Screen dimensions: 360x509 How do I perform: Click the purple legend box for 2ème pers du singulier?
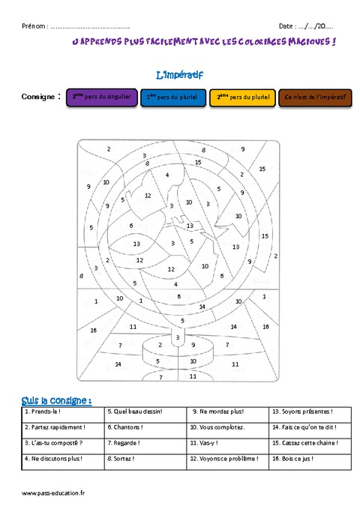pyautogui.click(x=101, y=97)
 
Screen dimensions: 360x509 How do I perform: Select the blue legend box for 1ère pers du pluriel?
pyautogui.click(x=172, y=97)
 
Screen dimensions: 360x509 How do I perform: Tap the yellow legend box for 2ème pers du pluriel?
pyautogui.click(x=242, y=97)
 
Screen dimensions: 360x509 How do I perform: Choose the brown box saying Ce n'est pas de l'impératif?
pyautogui.click(x=313, y=97)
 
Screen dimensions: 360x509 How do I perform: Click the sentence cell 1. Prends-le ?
pyautogui.click(x=43, y=412)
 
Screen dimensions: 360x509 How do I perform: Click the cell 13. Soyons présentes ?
pyautogui.click(x=301, y=412)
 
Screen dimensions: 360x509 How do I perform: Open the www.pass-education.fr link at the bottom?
pyautogui.click(x=54, y=493)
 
